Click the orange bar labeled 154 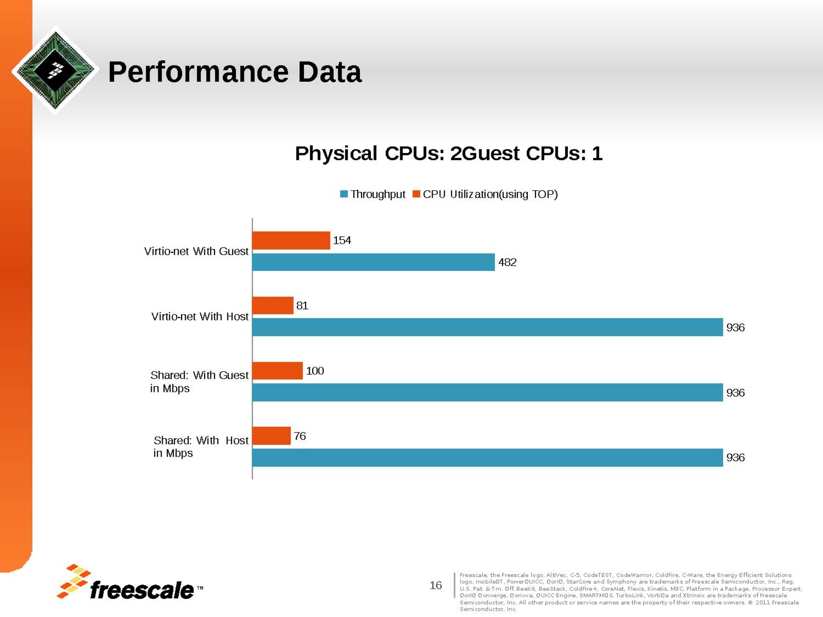(x=291, y=241)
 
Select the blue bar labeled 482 (x=373, y=262)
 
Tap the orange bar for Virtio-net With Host (x=273, y=305)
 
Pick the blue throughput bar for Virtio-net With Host (x=487, y=328)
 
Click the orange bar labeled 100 (x=277, y=371)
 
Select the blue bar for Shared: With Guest (x=487, y=392)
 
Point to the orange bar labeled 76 (x=272, y=436)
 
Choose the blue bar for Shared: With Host (x=487, y=458)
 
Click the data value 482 (x=507, y=262)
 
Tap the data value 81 (x=302, y=305)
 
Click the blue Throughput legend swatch (x=344, y=194)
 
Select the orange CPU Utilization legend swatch (x=417, y=194)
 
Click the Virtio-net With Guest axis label (x=196, y=251)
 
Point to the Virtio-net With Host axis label (x=200, y=317)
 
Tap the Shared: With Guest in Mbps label (x=199, y=382)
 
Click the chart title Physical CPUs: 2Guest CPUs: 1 (x=449, y=153)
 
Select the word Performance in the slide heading (x=198, y=72)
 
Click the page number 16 (x=436, y=585)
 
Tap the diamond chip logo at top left (x=55, y=70)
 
